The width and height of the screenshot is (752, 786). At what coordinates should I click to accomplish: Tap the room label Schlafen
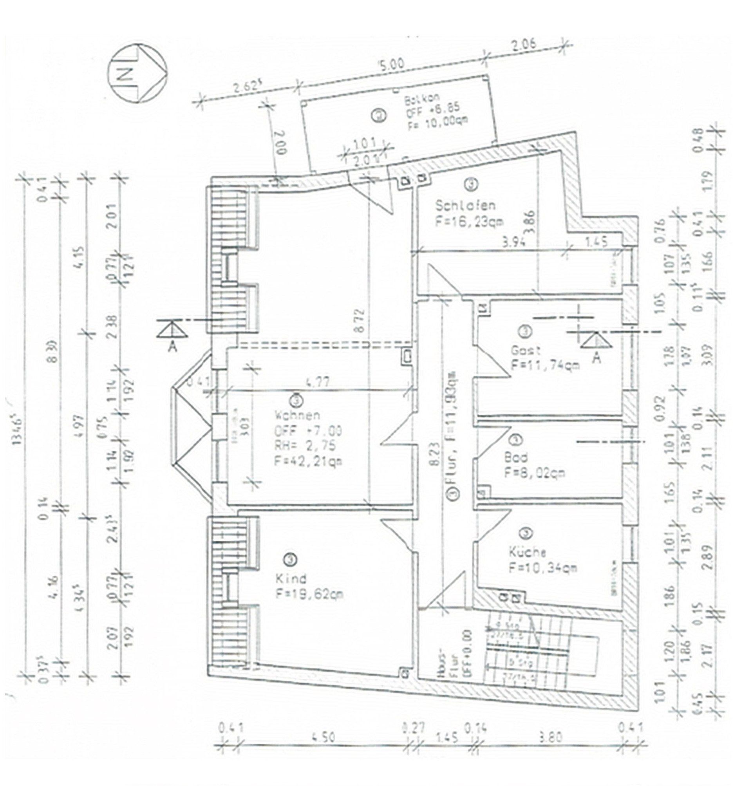[x=465, y=206]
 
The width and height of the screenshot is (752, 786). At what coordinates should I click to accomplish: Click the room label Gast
[x=526, y=351]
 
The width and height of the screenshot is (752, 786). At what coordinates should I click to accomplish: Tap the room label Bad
[x=516, y=457]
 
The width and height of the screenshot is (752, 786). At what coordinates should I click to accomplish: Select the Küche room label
[x=527, y=552]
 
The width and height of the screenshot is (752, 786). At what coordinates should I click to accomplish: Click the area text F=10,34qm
[x=543, y=568]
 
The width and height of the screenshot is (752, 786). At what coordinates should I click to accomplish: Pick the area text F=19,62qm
[x=309, y=594]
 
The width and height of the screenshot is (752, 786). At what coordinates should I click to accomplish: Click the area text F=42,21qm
[x=308, y=461]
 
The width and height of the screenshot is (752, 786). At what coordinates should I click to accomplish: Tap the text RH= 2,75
[x=305, y=446]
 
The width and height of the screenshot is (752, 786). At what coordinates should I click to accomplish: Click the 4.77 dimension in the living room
[x=318, y=383]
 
